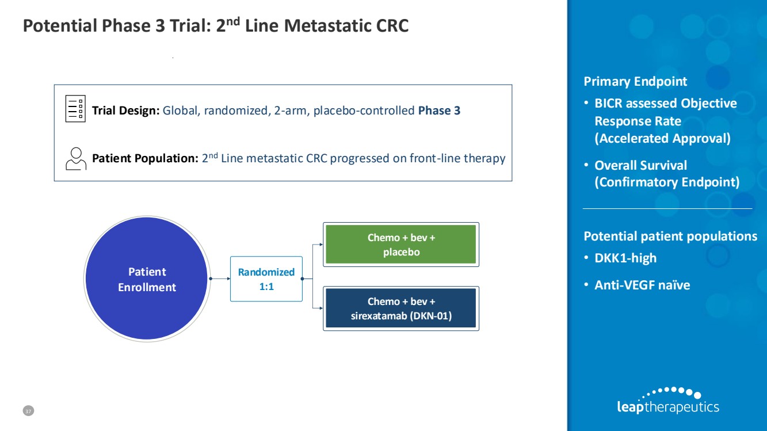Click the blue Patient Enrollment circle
click(x=147, y=279)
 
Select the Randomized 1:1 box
click(x=266, y=279)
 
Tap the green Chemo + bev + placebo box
click(x=401, y=245)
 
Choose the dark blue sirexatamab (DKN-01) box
click(x=401, y=308)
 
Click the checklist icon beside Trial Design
click(x=75, y=109)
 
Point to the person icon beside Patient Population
click(x=75, y=158)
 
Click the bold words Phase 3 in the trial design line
click(x=439, y=110)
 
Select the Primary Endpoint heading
click(x=635, y=82)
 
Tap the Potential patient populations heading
click(x=670, y=237)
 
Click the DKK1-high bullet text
click(x=625, y=258)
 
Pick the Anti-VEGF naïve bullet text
click(x=642, y=285)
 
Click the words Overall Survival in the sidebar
click(x=640, y=166)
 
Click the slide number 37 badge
click(x=28, y=411)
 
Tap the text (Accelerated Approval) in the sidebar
click(x=662, y=139)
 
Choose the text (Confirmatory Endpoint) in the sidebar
click(x=666, y=182)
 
